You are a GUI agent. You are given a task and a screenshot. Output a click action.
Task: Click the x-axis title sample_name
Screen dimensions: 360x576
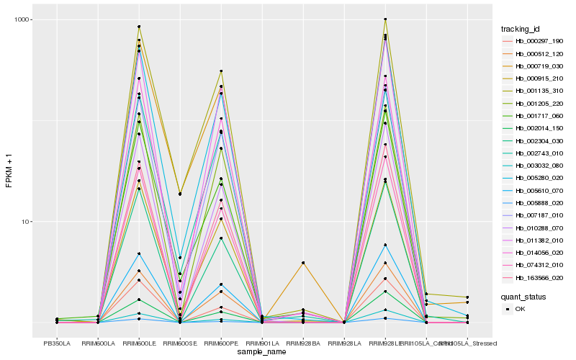pos(262,352)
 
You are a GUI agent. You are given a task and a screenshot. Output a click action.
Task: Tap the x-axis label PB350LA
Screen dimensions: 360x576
pos(57,343)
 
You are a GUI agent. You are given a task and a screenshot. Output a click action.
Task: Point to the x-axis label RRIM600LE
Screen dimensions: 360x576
pos(139,343)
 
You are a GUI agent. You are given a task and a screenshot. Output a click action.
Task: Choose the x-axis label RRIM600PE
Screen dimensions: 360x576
pos(221,343)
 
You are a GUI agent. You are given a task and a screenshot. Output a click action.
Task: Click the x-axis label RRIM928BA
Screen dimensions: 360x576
pos(303,343)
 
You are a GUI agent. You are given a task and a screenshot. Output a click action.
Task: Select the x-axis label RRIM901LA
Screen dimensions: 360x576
pos(262,343)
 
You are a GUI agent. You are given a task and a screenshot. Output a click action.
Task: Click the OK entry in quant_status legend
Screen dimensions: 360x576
pos(520,309)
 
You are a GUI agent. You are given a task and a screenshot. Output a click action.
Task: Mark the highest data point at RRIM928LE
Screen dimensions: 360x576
pos(385,19)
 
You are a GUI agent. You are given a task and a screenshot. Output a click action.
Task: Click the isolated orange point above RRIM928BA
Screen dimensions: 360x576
pos(303,264)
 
